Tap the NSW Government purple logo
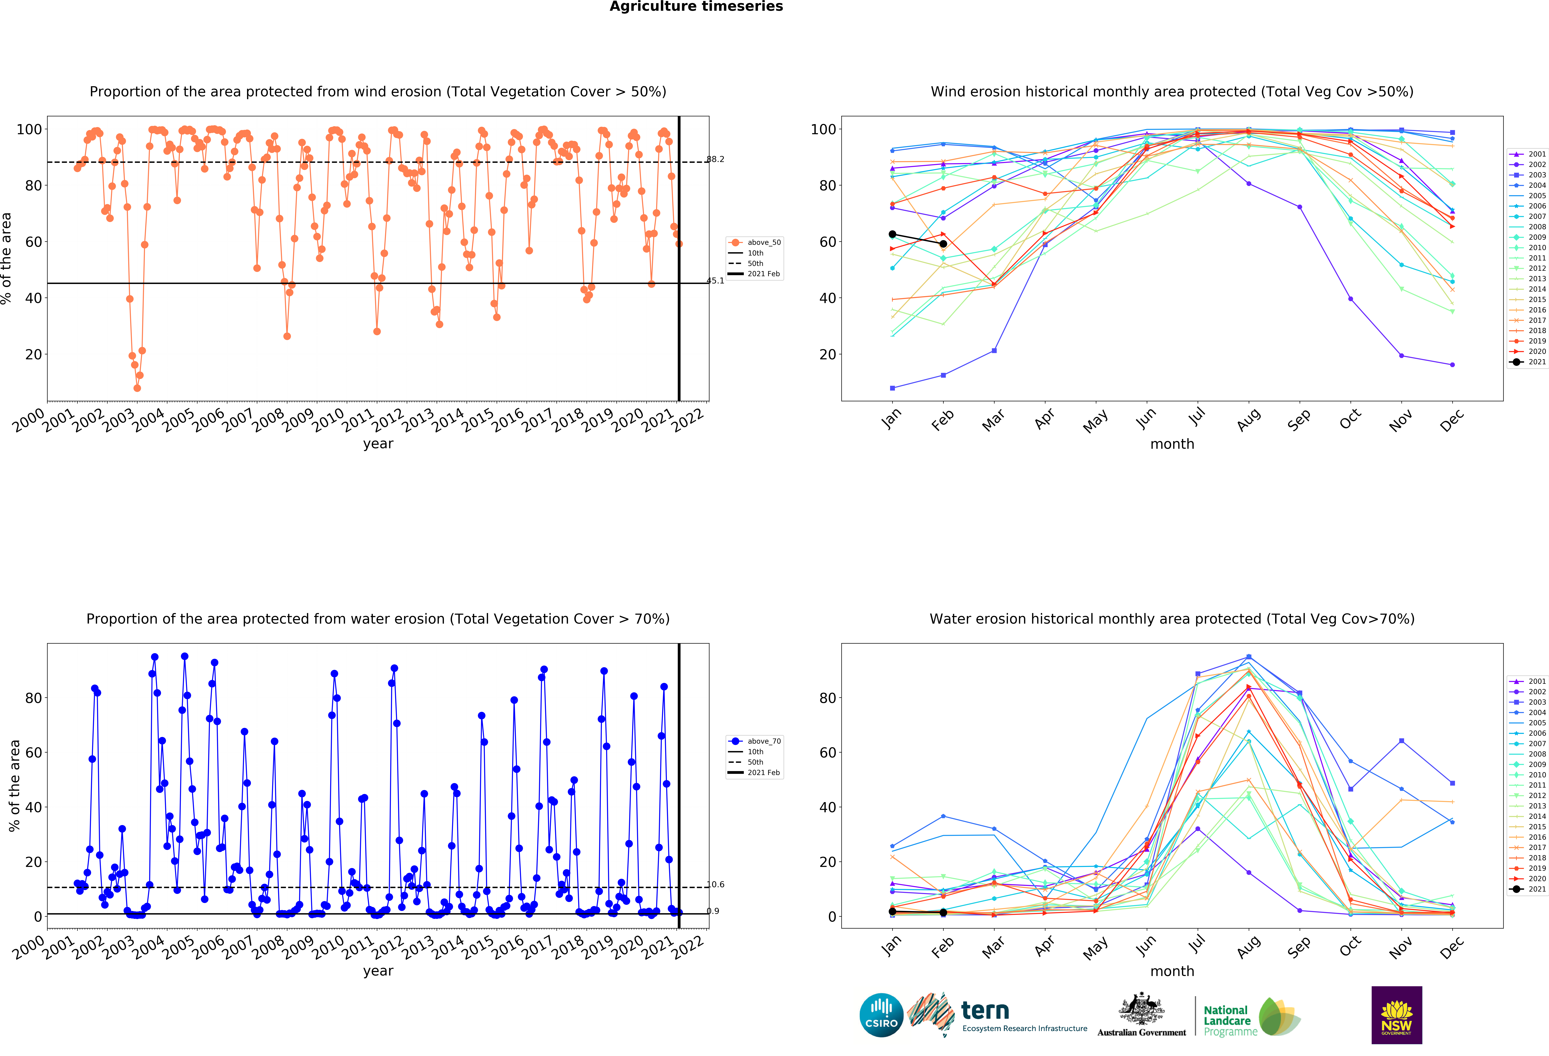pyautogui.click(x=1396, y=1015)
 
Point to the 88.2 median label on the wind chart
pyautogui.click(x=715, y=159)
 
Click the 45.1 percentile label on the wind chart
pyautogui.click(x=715, y=281)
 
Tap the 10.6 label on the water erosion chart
pyautogui.click(x=715, y=885)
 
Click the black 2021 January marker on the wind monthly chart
pyautogui.click(x=892, y=234)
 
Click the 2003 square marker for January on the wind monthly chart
pyautogui.click(x=892, y=388)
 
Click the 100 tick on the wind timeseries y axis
pyautogui.click(x=29, y=129)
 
